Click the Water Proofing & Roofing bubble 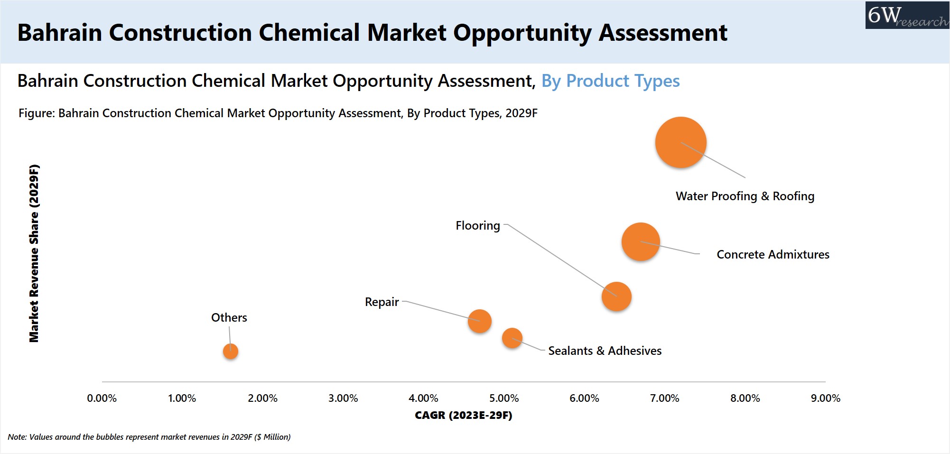[x=680, y=142]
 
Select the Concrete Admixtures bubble [x=641, y=242]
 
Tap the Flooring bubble [x=616, y=296]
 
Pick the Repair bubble [x=479, y=321]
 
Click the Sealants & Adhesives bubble [x=512, y=338]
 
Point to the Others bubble [x=231, y=351]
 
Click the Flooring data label [x=477, y=225]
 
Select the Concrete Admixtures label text [x=773, y=255]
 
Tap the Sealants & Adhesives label [x=605, y=351]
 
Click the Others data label [x=229, y=317]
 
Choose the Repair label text [x=382, y=302]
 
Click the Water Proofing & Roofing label [x=745, y=196]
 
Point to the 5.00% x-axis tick [x=504, y=398]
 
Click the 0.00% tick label [x=102, y=398]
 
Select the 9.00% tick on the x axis [x=825, y=398]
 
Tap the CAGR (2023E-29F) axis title [x=463, y=416]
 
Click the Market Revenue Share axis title [x=34, y=253]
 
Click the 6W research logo [x=907, y=16]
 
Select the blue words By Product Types [x=610, y=81]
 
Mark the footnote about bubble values [x=149, y=437]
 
